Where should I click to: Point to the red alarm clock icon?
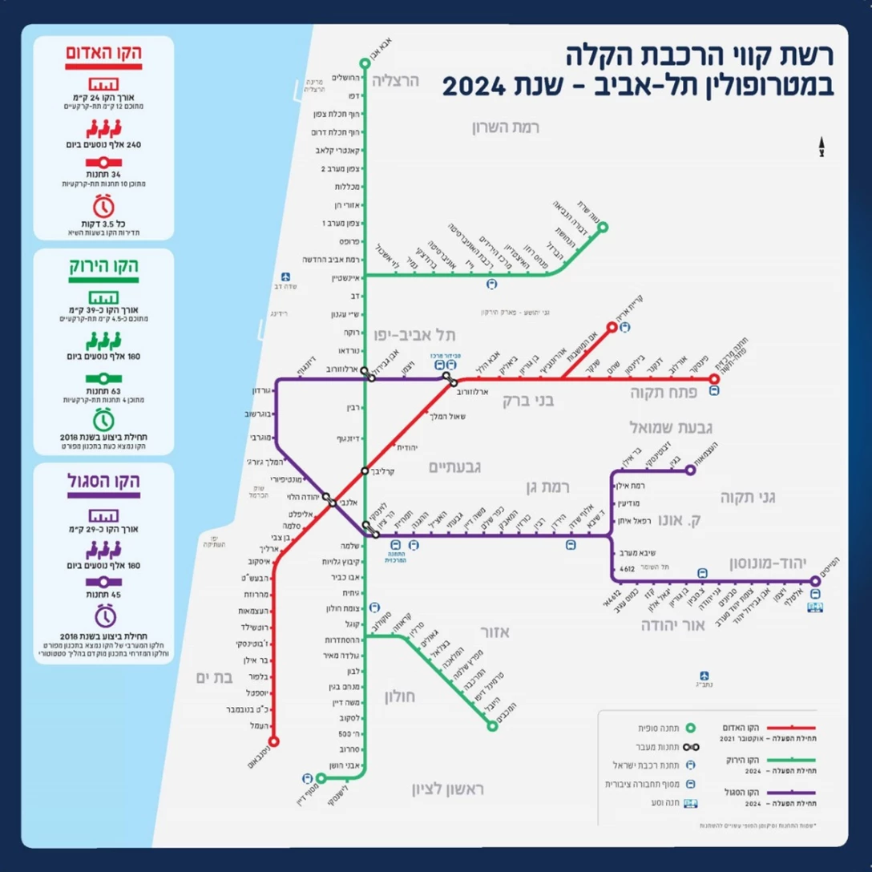click(x=102, y=202)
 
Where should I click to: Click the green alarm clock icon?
click(x=102, y=418)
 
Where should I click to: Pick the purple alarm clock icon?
click(x=102, y=616)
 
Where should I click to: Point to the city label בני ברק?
click(x=528, y=398)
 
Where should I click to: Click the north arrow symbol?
click(x=821, y=145)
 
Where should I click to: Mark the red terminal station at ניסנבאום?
click(x=275, y=741)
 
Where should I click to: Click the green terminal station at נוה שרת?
click(x=603, y=227)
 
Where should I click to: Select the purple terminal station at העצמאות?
click(x=690, y=470)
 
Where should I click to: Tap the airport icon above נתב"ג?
click(x=704, y=676)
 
